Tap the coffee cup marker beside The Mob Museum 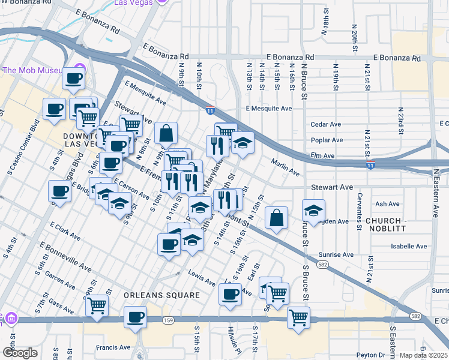73,78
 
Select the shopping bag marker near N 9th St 166,133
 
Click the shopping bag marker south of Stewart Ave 276,218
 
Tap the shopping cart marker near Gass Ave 97,306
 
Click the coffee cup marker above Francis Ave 135,317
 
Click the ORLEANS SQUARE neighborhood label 161,295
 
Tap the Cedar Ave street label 325,125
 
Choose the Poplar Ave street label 327,140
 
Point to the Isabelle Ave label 409,246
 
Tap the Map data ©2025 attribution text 424,355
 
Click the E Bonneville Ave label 65,254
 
